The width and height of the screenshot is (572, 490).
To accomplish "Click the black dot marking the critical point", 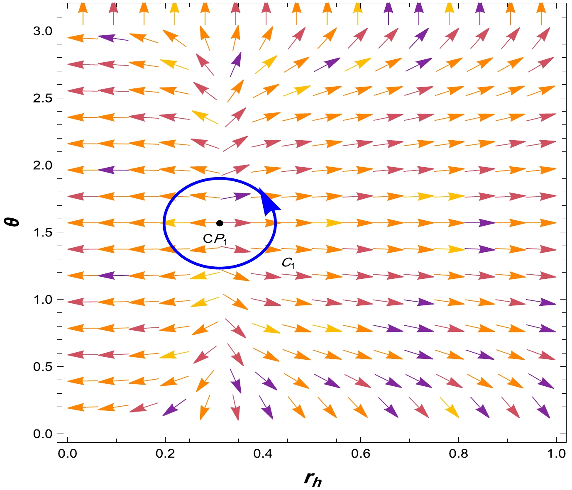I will coord(220,223).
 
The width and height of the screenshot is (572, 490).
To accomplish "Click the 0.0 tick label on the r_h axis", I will coord(67,453).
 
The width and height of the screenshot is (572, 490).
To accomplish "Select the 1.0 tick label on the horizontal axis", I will coord(556,453).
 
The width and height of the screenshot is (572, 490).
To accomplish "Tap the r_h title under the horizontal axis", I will coord(313,479).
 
